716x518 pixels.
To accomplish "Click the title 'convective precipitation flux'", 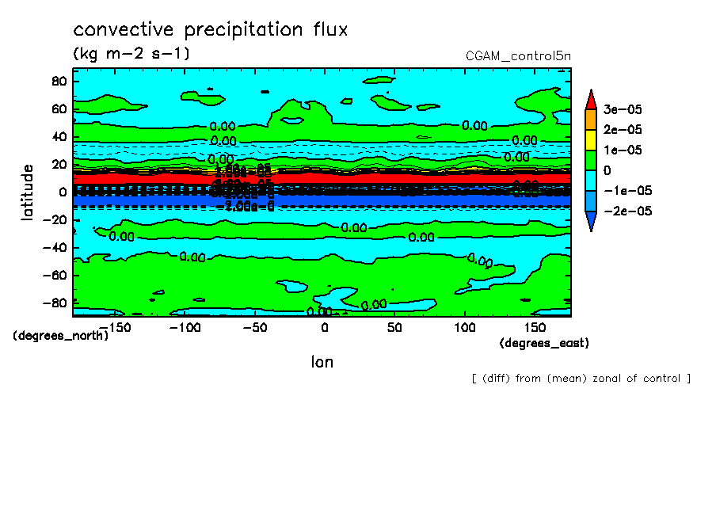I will tap(211, 30).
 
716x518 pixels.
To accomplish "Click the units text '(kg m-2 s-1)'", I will tap(131, 54).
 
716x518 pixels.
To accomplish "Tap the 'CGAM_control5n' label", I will tap(519, 56).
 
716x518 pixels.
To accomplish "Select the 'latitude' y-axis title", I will tap(28, 192).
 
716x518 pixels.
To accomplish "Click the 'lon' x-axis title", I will tap(322, 362).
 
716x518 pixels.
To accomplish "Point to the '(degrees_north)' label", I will tap(61, 335).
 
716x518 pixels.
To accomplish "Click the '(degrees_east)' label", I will tap(544, 343).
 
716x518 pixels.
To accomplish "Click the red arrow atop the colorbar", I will tap(590, 99).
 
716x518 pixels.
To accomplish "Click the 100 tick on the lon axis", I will tap(464, 327).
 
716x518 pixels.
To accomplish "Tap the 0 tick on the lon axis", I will tap(325, 327).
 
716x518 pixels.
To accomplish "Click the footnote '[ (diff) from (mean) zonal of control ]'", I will tap(581, 379).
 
